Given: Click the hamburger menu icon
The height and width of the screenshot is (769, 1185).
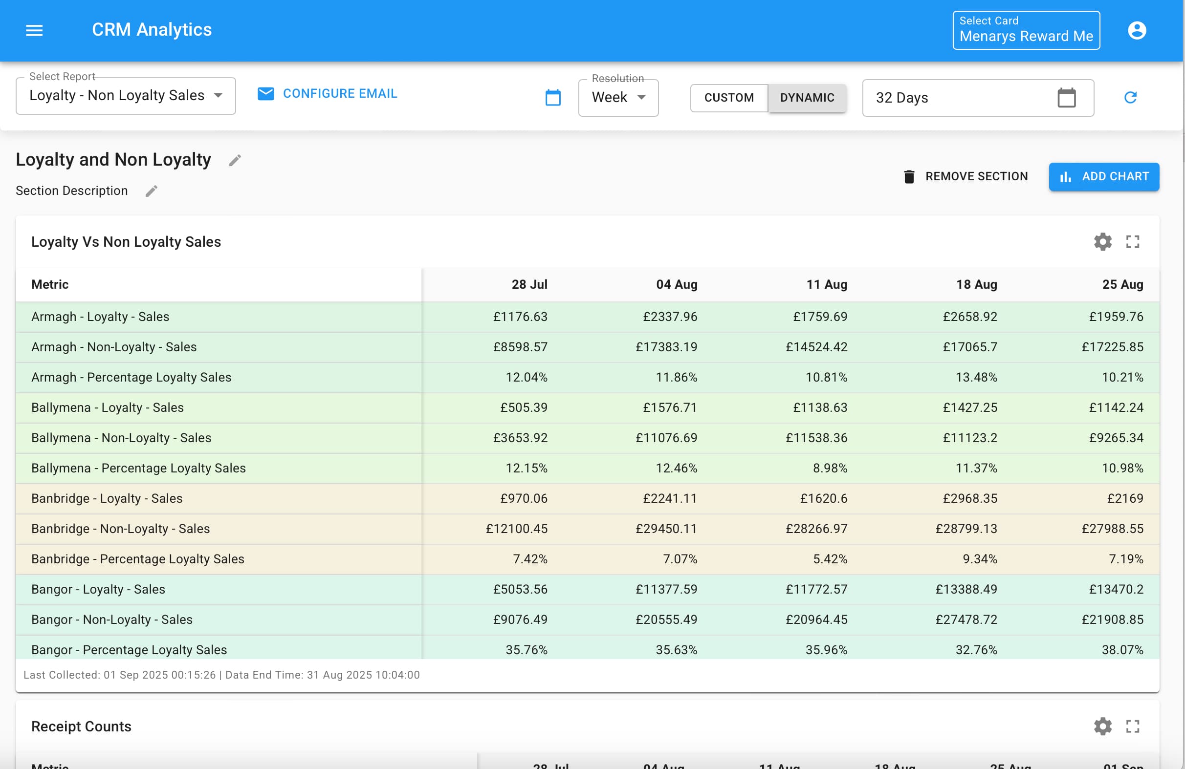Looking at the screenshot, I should (34, 30).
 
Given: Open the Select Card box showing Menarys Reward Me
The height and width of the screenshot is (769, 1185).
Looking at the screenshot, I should (1026, 30).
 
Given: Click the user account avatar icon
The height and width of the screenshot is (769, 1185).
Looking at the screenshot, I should (1137, 30).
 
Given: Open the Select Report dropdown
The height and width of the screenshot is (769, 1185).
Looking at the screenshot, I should (126, 96).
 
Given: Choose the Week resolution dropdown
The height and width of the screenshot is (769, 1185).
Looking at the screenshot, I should (618, 98).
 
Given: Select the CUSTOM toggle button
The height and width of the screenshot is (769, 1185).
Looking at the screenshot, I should (728, 98).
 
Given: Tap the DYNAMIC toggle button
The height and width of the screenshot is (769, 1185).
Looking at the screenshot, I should (807, 98).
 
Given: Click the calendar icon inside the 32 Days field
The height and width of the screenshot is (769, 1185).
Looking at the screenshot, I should (1066, 98).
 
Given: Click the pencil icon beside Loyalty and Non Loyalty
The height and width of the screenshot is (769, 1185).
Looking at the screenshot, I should (235, 160).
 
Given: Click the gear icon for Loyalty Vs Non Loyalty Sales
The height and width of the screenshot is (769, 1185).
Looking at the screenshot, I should (1102, 242).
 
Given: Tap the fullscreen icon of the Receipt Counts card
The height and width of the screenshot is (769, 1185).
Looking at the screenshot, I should (1132, 726).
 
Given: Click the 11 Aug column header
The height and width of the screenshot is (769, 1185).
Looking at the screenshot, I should (827, 284).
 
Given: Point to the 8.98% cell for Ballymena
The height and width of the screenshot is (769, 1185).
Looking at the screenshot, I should (830, 468).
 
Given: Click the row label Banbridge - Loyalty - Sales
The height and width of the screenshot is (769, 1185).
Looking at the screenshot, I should (107, 498).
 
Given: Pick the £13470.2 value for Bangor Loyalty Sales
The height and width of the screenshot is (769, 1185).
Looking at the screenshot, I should (1112, 589).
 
